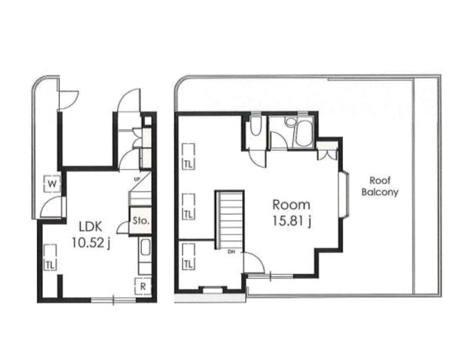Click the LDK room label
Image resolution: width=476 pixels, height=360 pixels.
point(90,227)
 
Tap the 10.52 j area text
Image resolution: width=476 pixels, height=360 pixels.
point(91,243)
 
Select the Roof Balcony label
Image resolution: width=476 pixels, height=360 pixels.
point(380,186)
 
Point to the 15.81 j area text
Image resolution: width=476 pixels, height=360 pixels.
point(292,221)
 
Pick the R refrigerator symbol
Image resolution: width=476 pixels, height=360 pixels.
point(143,286)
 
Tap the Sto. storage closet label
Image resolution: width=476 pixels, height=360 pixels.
point(140,221)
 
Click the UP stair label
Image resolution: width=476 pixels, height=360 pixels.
point(136,179)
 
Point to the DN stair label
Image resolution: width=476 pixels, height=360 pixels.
point(231,252)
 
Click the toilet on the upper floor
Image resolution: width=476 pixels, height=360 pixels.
point(255,126)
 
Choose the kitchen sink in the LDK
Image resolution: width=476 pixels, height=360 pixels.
point(145,248)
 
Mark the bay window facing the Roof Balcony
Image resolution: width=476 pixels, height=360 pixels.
point(344,195)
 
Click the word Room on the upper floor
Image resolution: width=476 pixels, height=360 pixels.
point(291,205)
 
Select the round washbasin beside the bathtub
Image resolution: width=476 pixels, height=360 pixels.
point(290,122)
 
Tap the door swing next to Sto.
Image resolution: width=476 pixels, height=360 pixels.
point(123,227)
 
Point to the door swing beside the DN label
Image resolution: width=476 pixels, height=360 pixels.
point(255,263)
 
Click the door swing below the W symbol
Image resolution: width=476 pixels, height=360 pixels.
point(51,206)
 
